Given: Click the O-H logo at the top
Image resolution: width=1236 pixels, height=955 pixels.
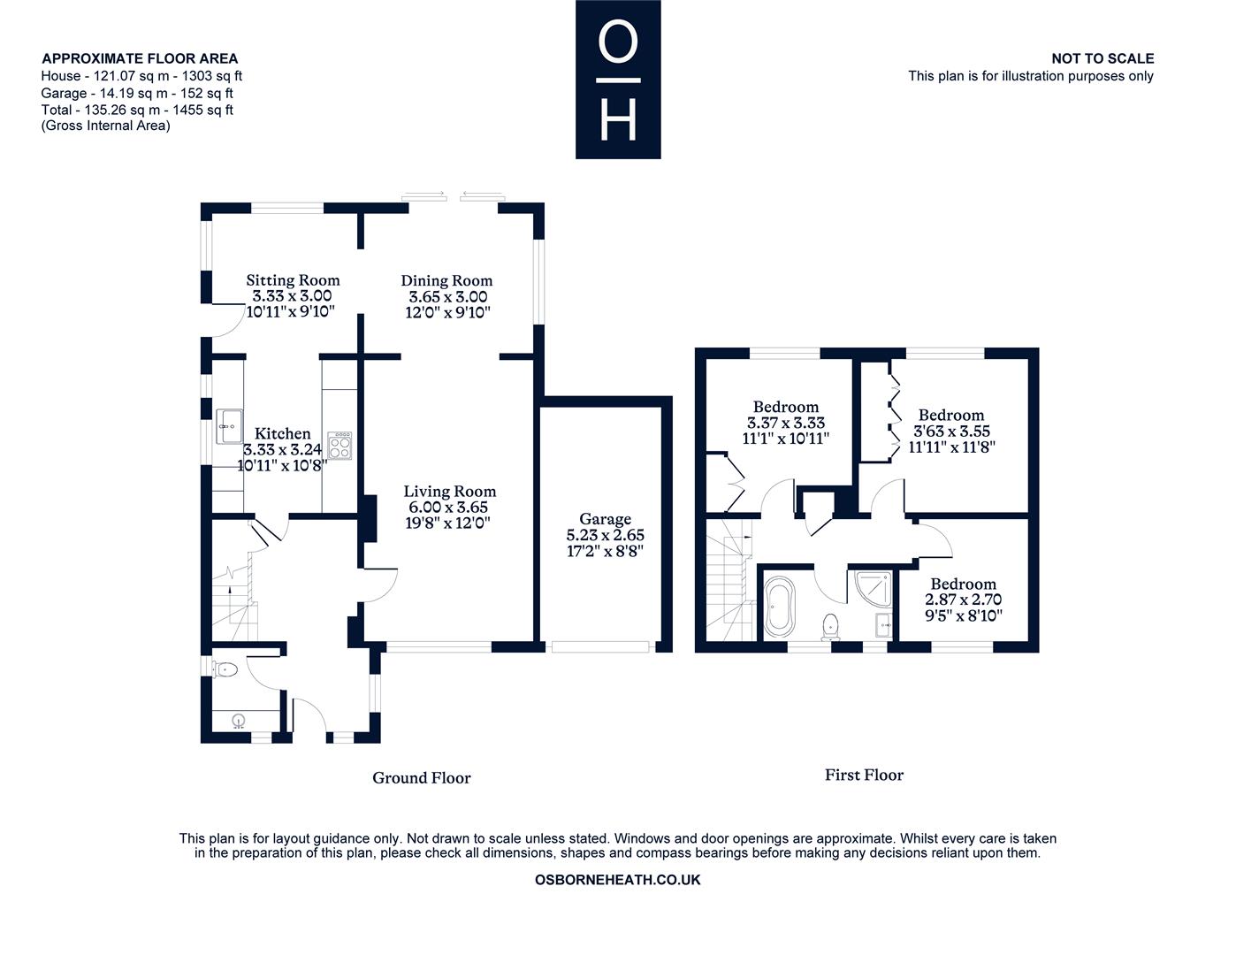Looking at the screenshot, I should click(x=618, y=80).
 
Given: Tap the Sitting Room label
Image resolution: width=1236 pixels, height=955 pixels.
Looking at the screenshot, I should click(x=293, y=280).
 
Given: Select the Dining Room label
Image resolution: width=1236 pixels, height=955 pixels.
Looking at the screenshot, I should click(x=446, y=280).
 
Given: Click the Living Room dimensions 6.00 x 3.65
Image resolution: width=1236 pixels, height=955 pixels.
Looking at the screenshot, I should click(x=448, y=508).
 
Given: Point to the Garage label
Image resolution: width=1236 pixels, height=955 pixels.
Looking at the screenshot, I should click(x=606, y=519).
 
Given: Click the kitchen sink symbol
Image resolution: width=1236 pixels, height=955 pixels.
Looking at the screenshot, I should click(x=230, y=425).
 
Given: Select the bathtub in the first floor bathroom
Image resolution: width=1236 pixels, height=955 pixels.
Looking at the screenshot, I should click(x=780, y=607).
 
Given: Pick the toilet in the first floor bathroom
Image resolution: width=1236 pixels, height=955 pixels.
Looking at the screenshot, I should click(x=831, y=626).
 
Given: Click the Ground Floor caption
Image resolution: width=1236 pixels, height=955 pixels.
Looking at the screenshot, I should click(x=421, y=778).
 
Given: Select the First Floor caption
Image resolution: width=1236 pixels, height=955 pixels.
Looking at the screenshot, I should click(x=864, y=775).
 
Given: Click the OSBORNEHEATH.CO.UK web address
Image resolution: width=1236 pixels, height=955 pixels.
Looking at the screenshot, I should click(x=618, y=880).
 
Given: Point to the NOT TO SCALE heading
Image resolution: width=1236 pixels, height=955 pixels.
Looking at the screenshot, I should click(x=1102, y=58).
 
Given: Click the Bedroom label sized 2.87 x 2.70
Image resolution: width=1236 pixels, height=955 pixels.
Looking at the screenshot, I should click(x=963, y=584).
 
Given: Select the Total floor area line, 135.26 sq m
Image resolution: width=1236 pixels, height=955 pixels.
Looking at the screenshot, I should click(x=137, y=110).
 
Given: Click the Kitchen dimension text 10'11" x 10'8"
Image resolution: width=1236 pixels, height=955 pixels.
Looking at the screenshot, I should click(x=283, y=465).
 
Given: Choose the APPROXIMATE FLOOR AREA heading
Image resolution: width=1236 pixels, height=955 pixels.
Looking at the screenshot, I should click(x=140, y=58).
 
